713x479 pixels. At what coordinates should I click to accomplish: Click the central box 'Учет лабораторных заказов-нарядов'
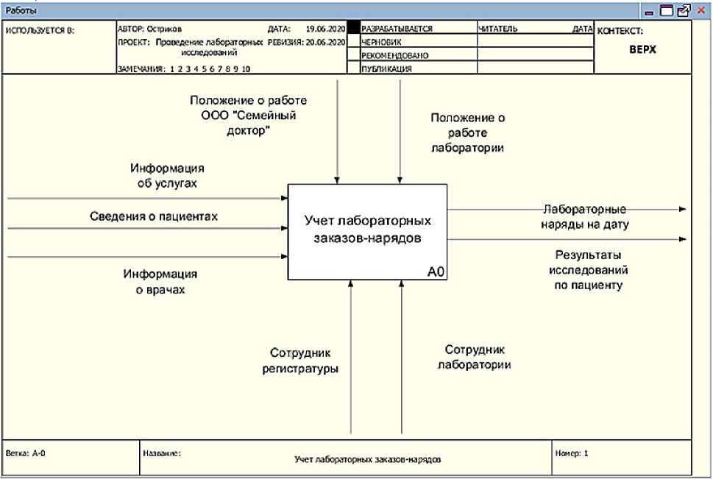coord(367,230)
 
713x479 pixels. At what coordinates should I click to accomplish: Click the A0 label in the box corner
coord(436,272)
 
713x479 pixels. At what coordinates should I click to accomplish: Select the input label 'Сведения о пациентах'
coord(154,216)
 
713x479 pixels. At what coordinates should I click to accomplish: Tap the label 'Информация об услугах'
coord(167,175)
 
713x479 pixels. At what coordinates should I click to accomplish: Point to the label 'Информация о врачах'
coord(160,282)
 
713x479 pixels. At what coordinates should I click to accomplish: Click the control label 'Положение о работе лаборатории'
coord(467,132)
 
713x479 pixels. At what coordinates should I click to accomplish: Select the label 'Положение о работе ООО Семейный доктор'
coord(248,116)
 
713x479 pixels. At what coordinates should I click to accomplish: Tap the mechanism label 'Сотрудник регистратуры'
coord(300,360)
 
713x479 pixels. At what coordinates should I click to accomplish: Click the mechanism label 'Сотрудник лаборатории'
coord(475,357)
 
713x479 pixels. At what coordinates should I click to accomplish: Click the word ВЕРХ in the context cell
coord(642,49)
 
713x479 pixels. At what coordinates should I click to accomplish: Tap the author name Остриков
coord(163,29)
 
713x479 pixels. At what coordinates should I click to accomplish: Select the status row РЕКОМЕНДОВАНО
coord(396,56)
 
